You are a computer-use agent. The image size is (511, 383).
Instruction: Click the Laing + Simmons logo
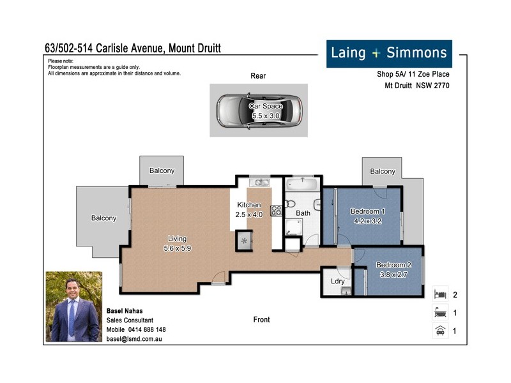click(x=390, y=54)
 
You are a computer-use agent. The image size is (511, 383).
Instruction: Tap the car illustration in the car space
click(x=259, y=110)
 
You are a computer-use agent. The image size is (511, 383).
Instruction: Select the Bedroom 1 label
click(x=367, y=211)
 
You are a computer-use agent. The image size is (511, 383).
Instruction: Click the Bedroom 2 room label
click(x=393, y=265)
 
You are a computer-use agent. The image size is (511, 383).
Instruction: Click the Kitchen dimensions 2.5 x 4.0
click(x=249, y=215)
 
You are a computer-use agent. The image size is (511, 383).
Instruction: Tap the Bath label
click(x=303, y=213)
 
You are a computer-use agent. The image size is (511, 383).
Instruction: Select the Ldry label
click(x=338, y=282)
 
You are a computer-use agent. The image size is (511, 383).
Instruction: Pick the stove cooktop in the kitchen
click(x=277, y=210)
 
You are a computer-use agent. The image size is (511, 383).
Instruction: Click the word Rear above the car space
click(x=258, y=76)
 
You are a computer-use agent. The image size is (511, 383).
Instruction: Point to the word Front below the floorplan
click(x=261, y=320)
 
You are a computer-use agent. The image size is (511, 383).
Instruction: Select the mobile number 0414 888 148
click(x=144, y=329)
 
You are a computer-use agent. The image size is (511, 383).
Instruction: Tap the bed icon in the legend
click(x=439, y=295)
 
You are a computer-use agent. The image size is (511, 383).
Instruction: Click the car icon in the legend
click(x=439, y=331)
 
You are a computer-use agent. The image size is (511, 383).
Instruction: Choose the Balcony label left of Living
click(x=103, y=218)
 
